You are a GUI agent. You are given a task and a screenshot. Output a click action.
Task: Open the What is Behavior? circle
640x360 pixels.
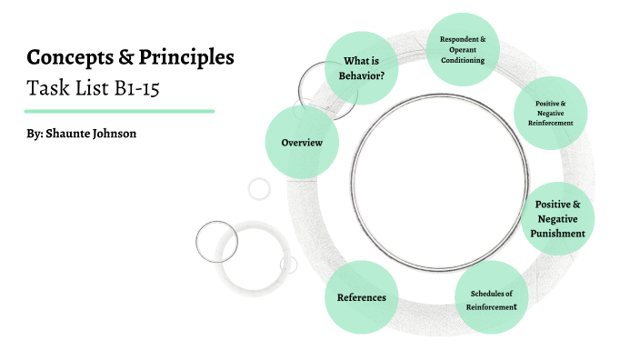click(361, 68)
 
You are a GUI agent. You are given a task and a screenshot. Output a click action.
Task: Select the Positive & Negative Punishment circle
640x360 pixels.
click(558, 218)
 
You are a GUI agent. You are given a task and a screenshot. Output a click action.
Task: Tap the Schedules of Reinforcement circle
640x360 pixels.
click(491, 300)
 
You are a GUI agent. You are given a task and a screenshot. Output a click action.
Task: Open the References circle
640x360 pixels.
click(361, 297)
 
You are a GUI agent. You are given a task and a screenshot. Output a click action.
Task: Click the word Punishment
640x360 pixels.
click(558, 234)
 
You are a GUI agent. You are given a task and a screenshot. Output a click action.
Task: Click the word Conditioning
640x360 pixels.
click(463, 60)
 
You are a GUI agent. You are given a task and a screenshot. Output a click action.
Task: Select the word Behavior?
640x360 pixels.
click(361, 75)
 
